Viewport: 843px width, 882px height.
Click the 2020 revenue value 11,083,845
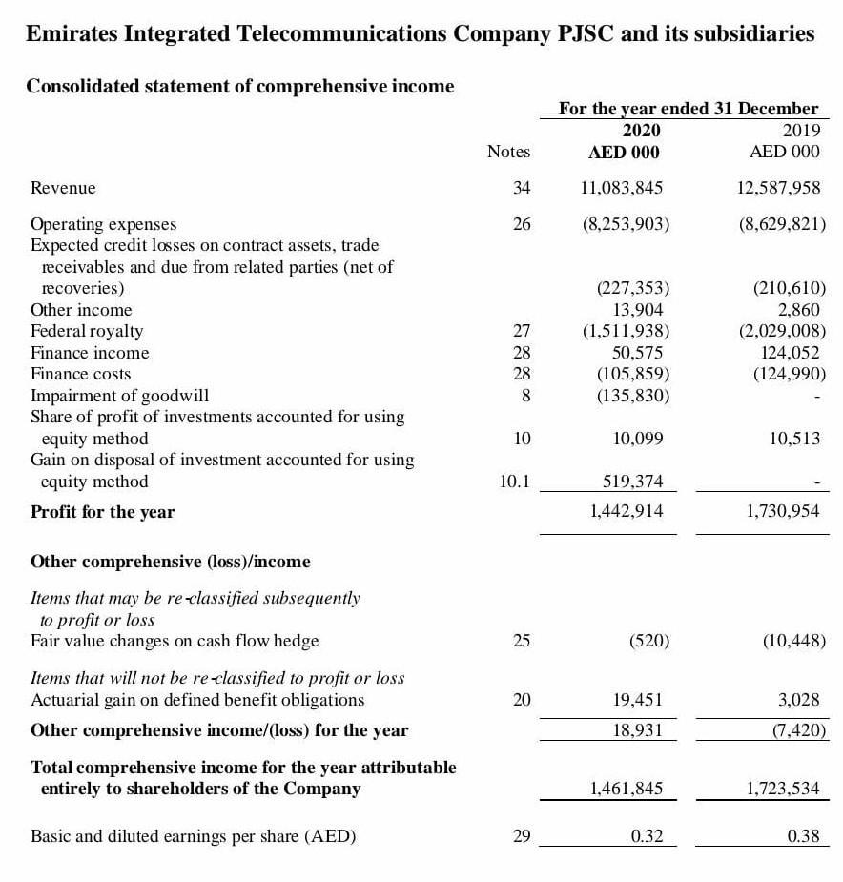click(x=622, y=188)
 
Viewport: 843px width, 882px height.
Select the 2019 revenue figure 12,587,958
click(x=779, y=188)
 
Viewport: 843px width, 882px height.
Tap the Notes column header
click(x=508, y=152)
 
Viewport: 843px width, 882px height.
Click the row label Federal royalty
click(x=87, y=331)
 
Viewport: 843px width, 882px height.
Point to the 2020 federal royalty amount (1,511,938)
click(x=626, y=331)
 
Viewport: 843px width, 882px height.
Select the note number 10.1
click(x=514, y=482)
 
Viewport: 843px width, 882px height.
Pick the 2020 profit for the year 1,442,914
click(x=626, y=511)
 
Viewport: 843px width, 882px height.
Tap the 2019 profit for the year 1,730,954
click(x=783, y=511)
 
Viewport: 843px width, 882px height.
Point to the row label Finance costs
click(x=81, y=374)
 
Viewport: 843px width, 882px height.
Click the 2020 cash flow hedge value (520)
click(x=649, y=641)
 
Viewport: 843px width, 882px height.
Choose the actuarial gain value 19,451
click(x=638, y=700)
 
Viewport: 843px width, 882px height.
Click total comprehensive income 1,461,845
click(x=626, y=788)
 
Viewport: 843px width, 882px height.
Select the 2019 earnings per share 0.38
click(x=803, y=836)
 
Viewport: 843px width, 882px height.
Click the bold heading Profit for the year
click(x=102, y=512)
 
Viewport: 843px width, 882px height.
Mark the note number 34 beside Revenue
click(x=521, y=188)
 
